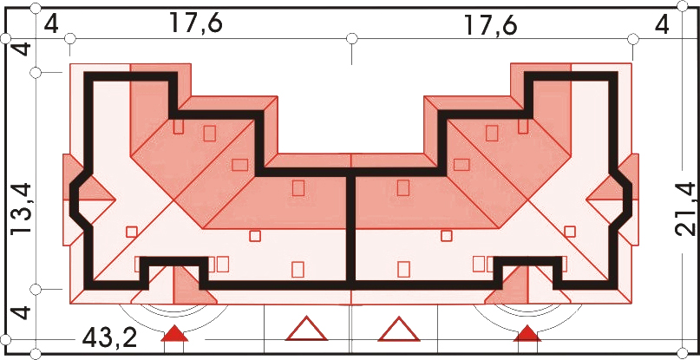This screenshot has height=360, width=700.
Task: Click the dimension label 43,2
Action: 110,339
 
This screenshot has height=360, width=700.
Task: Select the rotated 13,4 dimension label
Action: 22,209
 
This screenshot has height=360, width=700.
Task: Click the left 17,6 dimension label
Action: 195,23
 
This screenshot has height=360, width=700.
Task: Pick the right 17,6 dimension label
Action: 491,25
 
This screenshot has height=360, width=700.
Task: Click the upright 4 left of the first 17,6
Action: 52,24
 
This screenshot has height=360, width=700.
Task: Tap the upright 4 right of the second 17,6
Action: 662,25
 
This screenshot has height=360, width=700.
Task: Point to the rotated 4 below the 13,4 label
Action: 22,312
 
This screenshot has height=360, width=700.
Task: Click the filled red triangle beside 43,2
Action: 174,334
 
